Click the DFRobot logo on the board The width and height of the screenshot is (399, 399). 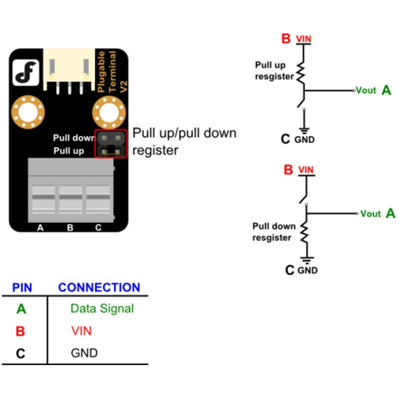(26, 72)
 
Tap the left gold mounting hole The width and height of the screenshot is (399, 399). (28, 112)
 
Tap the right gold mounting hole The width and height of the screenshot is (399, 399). (109, 112)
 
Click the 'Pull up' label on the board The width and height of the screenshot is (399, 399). (69, 151)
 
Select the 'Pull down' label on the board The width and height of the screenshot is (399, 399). (74, 138)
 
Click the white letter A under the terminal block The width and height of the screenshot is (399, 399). (40, 227)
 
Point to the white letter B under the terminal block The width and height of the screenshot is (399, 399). (70, 227)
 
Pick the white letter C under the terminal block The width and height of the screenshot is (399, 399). (98, 227)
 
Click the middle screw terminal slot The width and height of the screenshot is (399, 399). (70, 197)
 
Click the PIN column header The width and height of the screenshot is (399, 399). (22, 288)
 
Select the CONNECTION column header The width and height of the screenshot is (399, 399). (99, 287)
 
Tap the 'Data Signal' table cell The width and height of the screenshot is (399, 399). (102, 309)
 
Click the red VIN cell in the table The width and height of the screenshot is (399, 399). (81, 331)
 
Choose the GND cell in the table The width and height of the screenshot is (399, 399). (84, 353)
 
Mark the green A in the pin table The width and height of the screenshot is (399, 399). (21, 309)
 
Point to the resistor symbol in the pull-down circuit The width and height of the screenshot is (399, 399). (305, 232)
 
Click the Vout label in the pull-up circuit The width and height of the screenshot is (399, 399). (366, 90)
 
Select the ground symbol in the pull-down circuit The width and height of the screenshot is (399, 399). (307, 260)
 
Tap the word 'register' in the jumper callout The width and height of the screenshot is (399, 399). (155, 151)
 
